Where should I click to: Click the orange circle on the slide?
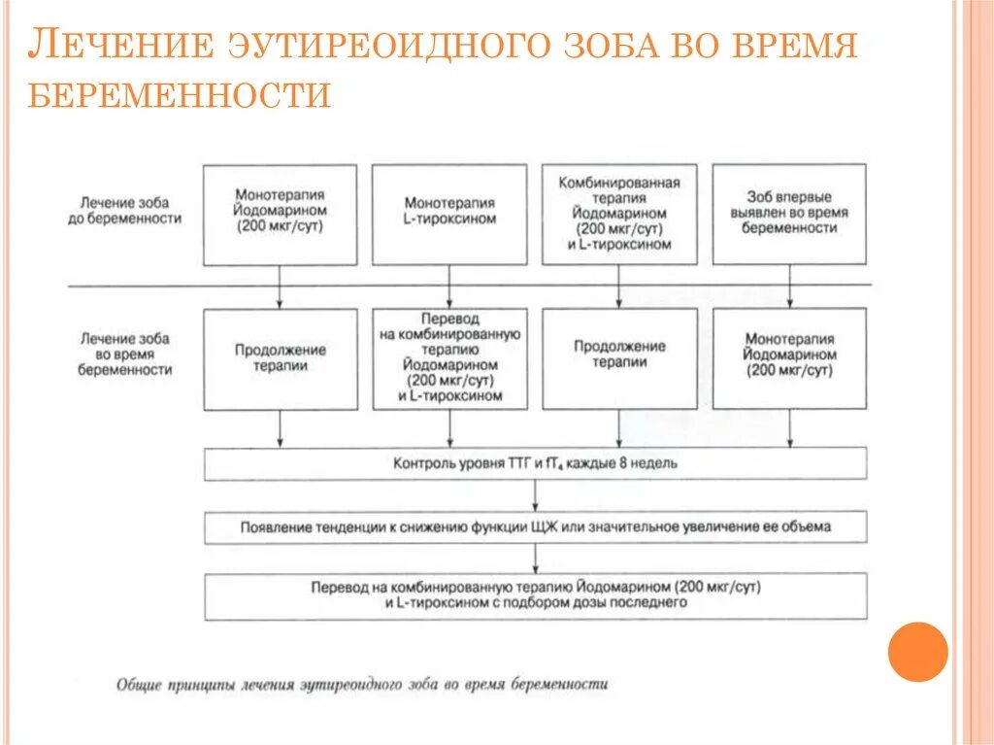917,651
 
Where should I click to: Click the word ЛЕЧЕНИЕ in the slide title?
119,46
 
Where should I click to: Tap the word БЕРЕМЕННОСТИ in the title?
180,95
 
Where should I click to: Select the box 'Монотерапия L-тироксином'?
449,214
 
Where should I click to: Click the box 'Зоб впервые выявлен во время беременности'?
789,214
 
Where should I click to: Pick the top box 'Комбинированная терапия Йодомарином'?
619,214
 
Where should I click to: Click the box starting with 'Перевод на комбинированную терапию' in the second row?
449,358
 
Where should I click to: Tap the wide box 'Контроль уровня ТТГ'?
535,463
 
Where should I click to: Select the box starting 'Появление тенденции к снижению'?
535,527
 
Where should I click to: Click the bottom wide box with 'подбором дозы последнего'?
535,595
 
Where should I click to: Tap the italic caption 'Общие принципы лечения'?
362,684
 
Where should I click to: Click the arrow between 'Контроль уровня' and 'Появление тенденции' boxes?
536,495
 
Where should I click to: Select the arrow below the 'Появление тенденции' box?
536,559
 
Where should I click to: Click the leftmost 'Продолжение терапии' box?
280,358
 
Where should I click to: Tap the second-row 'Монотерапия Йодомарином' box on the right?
789,358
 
